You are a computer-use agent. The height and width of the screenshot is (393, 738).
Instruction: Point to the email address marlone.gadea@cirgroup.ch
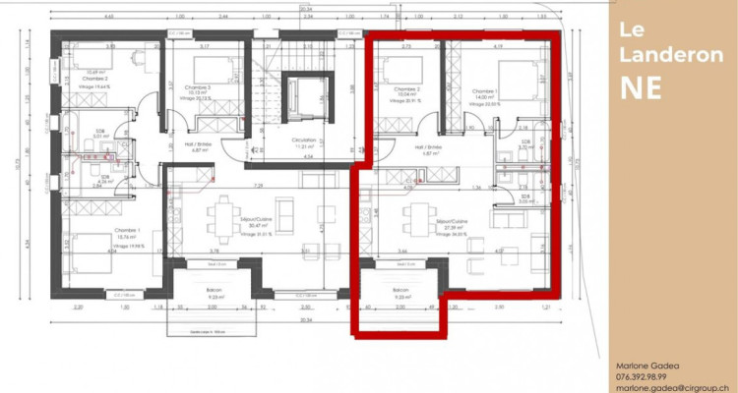[x=673, y=387]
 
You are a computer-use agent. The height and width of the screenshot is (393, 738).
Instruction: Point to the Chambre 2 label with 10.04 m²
[x=407, y=90]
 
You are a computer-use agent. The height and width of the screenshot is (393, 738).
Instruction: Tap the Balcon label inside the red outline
[x=400, y=292]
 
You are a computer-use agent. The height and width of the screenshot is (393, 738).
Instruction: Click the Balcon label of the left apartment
[x=215, y=292]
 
